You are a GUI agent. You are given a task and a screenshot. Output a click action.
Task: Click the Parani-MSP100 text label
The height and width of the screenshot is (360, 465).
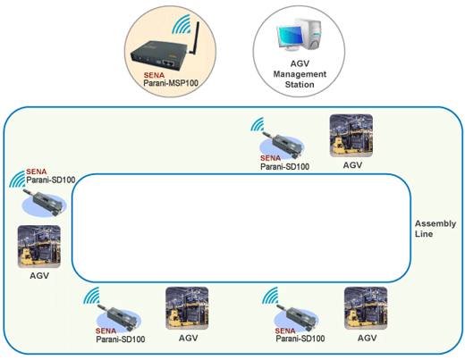pos(171,83)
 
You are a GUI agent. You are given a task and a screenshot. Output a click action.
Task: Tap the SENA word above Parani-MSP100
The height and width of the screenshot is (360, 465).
pos(154,75)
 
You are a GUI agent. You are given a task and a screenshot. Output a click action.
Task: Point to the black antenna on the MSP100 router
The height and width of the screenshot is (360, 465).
pos(195,37)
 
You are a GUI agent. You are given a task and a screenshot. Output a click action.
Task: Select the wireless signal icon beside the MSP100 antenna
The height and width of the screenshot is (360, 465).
pos(181,24)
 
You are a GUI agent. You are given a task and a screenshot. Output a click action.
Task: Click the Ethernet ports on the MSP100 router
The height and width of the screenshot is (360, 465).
pos(168,63)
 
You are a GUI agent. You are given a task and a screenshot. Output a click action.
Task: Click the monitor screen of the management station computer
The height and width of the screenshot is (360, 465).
pos(289,36)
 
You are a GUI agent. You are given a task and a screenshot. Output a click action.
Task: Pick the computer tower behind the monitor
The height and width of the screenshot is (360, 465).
pos(310,33)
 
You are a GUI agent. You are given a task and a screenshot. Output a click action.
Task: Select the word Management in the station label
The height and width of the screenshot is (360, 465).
pos(300,74)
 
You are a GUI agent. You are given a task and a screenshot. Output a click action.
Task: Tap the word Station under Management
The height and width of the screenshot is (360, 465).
pos(300,85)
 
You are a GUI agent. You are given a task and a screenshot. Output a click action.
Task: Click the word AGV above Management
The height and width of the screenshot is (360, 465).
pos(300,63)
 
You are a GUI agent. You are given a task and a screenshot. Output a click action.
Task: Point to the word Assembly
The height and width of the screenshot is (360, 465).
pos(435,224)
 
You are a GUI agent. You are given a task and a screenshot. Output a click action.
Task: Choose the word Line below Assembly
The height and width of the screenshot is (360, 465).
pos(424,234)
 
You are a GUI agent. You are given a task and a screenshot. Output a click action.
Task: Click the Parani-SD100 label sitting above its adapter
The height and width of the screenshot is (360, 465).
pos(51,180)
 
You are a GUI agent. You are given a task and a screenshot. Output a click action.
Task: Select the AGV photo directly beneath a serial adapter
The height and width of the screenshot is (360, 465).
pos(39,247)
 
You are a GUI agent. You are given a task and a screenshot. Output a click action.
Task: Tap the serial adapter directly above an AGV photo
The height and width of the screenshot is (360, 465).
pos(44,203)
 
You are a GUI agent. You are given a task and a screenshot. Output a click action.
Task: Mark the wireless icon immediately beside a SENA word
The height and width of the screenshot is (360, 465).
pos(17,179)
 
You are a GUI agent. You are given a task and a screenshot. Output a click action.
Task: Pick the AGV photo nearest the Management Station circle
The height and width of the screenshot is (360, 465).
pos(351,136)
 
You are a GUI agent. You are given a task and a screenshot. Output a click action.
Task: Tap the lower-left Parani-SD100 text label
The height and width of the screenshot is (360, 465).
pos(121,339)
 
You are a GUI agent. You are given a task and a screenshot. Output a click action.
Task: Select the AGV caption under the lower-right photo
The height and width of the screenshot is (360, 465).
pos(368,339)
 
